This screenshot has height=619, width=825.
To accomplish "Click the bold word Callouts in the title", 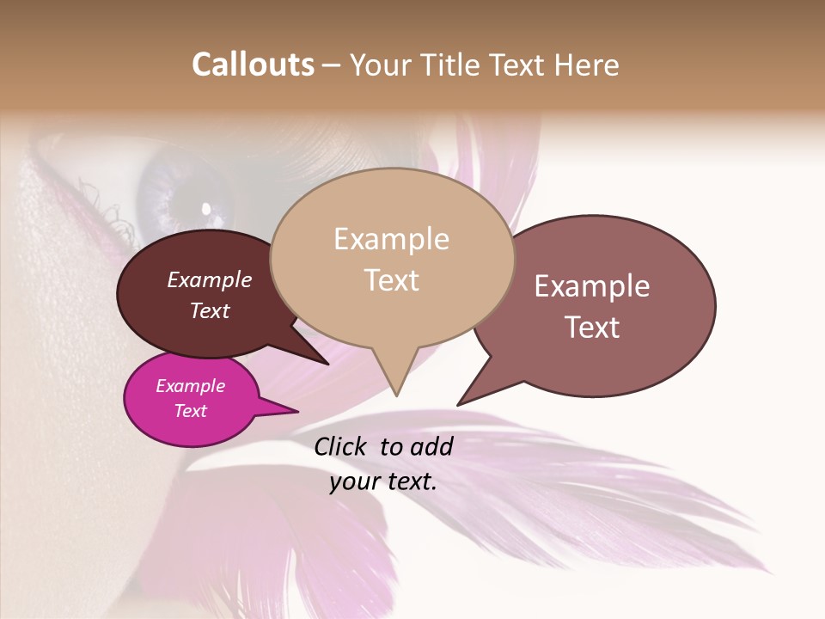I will click(x=253, y=64).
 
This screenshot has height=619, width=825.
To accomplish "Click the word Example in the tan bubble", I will click(x=391, y=239).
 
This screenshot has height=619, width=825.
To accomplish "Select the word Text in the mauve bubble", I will click(x=591, y=328).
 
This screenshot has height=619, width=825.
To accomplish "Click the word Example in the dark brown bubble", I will click(x=210, y=279).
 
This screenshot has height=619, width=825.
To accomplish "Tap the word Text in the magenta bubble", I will click(x=190, y=411).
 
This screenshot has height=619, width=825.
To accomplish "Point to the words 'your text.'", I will click(x=383, y=481).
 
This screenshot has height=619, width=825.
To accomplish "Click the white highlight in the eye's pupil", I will click(x=206, y=207).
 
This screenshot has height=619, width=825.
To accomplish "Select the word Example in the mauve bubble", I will click(x=591, y=286).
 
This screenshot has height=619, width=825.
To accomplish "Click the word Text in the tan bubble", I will click(x=391, y=280).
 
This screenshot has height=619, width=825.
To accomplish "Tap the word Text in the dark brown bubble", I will click(x=210, y=310).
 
